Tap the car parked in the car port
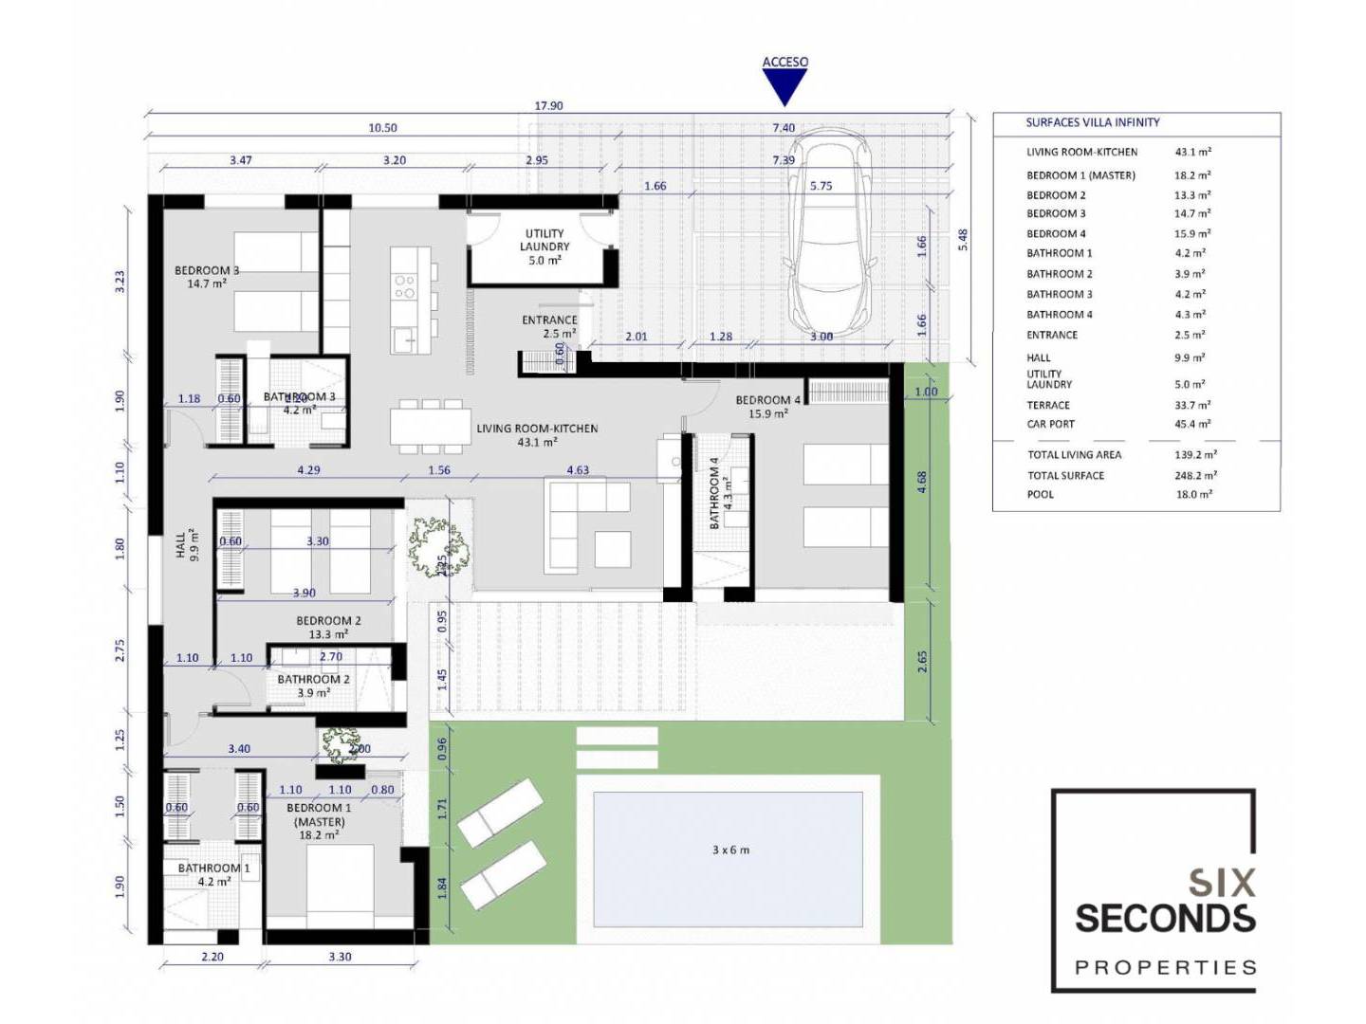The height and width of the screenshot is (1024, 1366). (x=828, y=237)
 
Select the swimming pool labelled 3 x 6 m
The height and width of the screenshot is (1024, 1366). (x=728, y=859)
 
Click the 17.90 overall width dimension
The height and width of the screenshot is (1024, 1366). (x=548, y=105)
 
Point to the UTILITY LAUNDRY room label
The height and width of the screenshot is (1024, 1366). (x=545, y=240)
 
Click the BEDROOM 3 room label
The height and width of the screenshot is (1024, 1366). (x=207, y=270)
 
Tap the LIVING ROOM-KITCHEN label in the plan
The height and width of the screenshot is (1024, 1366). (x=537, y=429)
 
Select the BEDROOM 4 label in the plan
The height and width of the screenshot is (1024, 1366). (x=768, y=400)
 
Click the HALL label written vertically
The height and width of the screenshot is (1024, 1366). (x=180, y=544)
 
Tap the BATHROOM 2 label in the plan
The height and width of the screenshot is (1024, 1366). (x=314, y=679)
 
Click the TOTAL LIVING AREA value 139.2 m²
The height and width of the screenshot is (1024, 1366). (x=1195, y=454)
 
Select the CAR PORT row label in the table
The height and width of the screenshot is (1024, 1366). (x=1050, y=424)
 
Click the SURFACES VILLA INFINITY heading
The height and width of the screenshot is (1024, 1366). (x=1093, y=122)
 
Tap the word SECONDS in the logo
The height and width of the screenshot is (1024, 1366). (x=1165, y=919)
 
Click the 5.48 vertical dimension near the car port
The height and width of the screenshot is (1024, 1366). (x=963, y=240)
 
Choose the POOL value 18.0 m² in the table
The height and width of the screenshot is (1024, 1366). (x=1194, y=495)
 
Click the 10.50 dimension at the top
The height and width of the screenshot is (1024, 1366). (x=382, y=128)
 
